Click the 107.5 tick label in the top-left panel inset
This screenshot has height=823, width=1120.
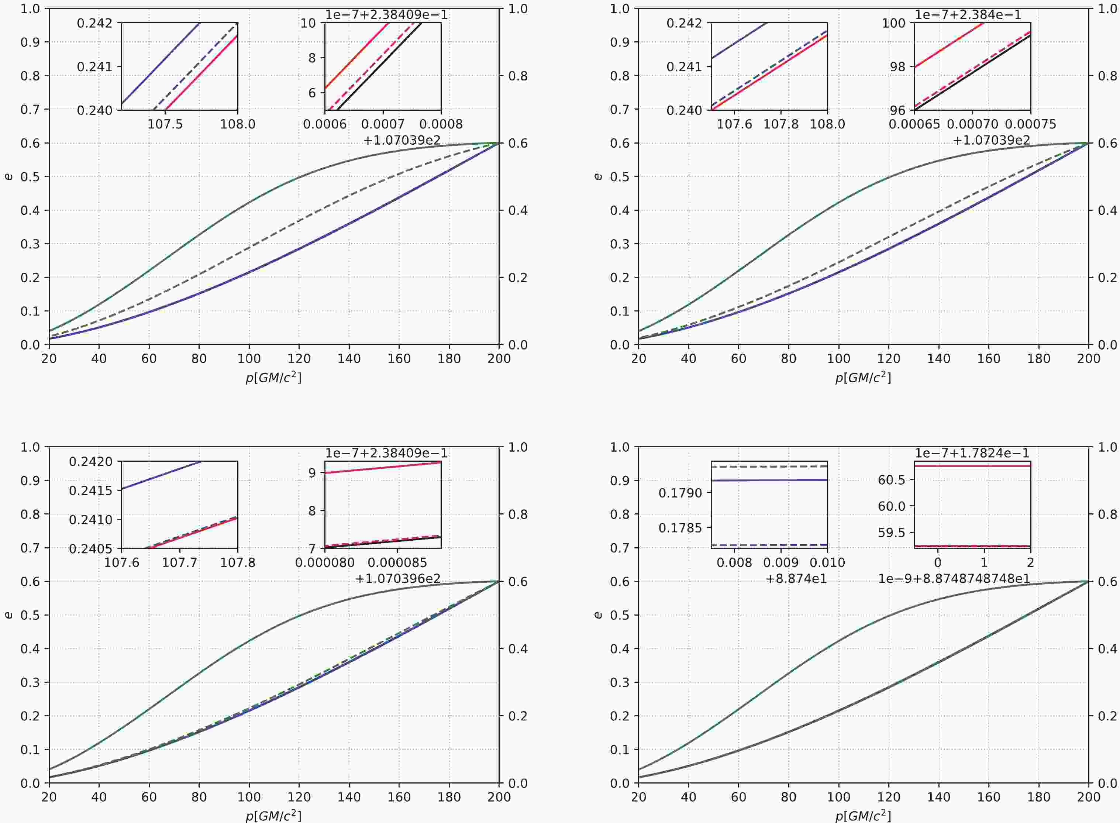point(165,124)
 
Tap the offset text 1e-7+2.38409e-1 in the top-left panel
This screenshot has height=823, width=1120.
point(386,15)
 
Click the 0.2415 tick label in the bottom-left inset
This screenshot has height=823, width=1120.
point(92,491)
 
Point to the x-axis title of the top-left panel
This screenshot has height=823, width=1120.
point(273,378)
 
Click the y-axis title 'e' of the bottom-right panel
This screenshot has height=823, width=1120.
point(599,615)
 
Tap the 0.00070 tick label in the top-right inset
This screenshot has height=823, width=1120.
point(972,124)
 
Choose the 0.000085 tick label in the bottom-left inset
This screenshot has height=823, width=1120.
point(397,563)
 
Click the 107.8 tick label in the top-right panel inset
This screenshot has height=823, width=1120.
point(781,124)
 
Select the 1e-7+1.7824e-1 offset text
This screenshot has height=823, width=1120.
point(972,453)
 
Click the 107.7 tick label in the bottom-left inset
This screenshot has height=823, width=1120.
point(179,563)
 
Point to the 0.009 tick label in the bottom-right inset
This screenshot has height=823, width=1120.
point(781,563)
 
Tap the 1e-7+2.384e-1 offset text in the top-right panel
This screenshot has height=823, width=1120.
point(968,15)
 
